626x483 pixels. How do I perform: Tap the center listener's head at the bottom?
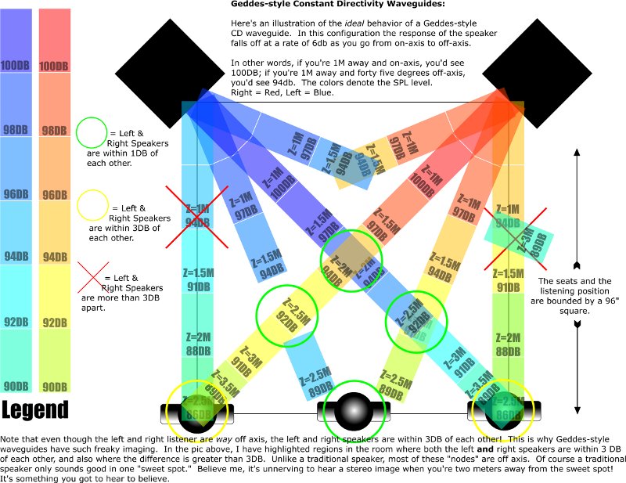(x=351, y=410)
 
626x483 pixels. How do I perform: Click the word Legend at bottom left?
(x=35, y=409)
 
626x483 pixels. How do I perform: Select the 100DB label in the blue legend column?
(x=16, y=67)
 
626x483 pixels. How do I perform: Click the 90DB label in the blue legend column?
(x=16, y=386)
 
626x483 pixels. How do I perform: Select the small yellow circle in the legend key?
(x=92, y=207)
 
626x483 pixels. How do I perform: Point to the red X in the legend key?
(x=92, y=277)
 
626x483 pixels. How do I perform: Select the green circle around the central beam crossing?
(x=352, y=261)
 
